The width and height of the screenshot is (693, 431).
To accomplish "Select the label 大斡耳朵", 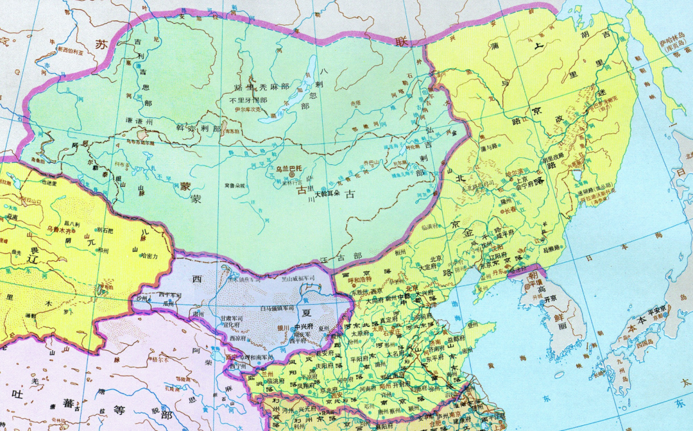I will point(327,192).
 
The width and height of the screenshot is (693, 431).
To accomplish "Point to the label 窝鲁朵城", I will point(235,185).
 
